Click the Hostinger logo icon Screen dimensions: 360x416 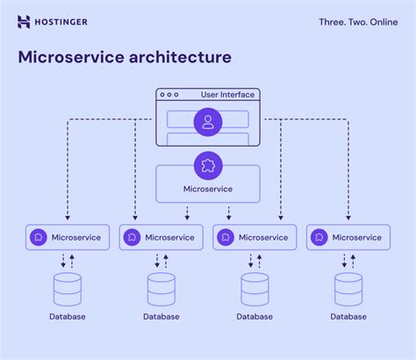pos(24,22)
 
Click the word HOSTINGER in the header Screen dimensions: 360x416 pos(62,22)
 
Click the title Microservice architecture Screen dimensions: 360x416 pos(126,57)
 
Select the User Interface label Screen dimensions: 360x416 pos(227,95)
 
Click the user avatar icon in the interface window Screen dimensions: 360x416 pos(208,121)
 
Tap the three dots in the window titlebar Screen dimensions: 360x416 pos(168,95)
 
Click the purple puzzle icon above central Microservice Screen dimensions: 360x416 pos(208,164)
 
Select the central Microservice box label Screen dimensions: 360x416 pos(208,189)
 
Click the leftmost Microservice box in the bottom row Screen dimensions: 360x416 pos(68,237)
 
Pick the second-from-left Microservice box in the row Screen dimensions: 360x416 pos(161,237)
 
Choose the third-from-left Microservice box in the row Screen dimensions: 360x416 pos(255,237)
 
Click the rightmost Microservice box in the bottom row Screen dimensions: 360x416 pos(348,237)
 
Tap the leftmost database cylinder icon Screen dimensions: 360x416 pos(67,289)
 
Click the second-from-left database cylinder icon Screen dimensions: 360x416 pos(161,289)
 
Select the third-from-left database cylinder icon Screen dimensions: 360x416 pos(255,289)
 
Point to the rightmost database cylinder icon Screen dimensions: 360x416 pos(348,289)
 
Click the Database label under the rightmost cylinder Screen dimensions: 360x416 pos(348,316)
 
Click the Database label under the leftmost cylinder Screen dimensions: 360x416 pos(67,316)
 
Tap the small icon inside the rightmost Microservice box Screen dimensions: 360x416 pos(319,237)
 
